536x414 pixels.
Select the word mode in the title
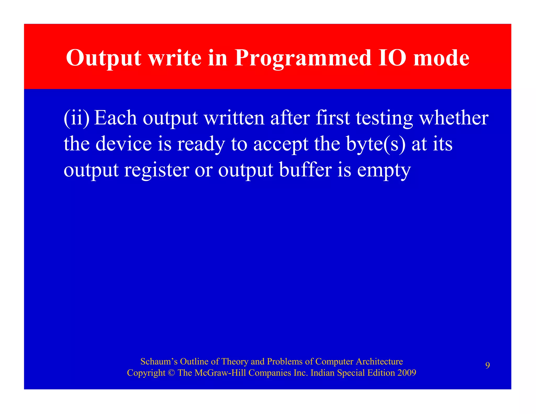pyautogui.click(x=441, y=58)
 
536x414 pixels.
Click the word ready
pyautogui.click(x=201, y=144)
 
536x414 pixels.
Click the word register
pyautogui.click(x=157, y=170)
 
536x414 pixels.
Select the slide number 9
pyautogui.click(x=488, y=365)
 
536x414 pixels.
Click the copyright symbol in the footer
pyautogui.click(x=171, y=373)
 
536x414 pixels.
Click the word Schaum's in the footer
pyautogui.click(x=159, y=361)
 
